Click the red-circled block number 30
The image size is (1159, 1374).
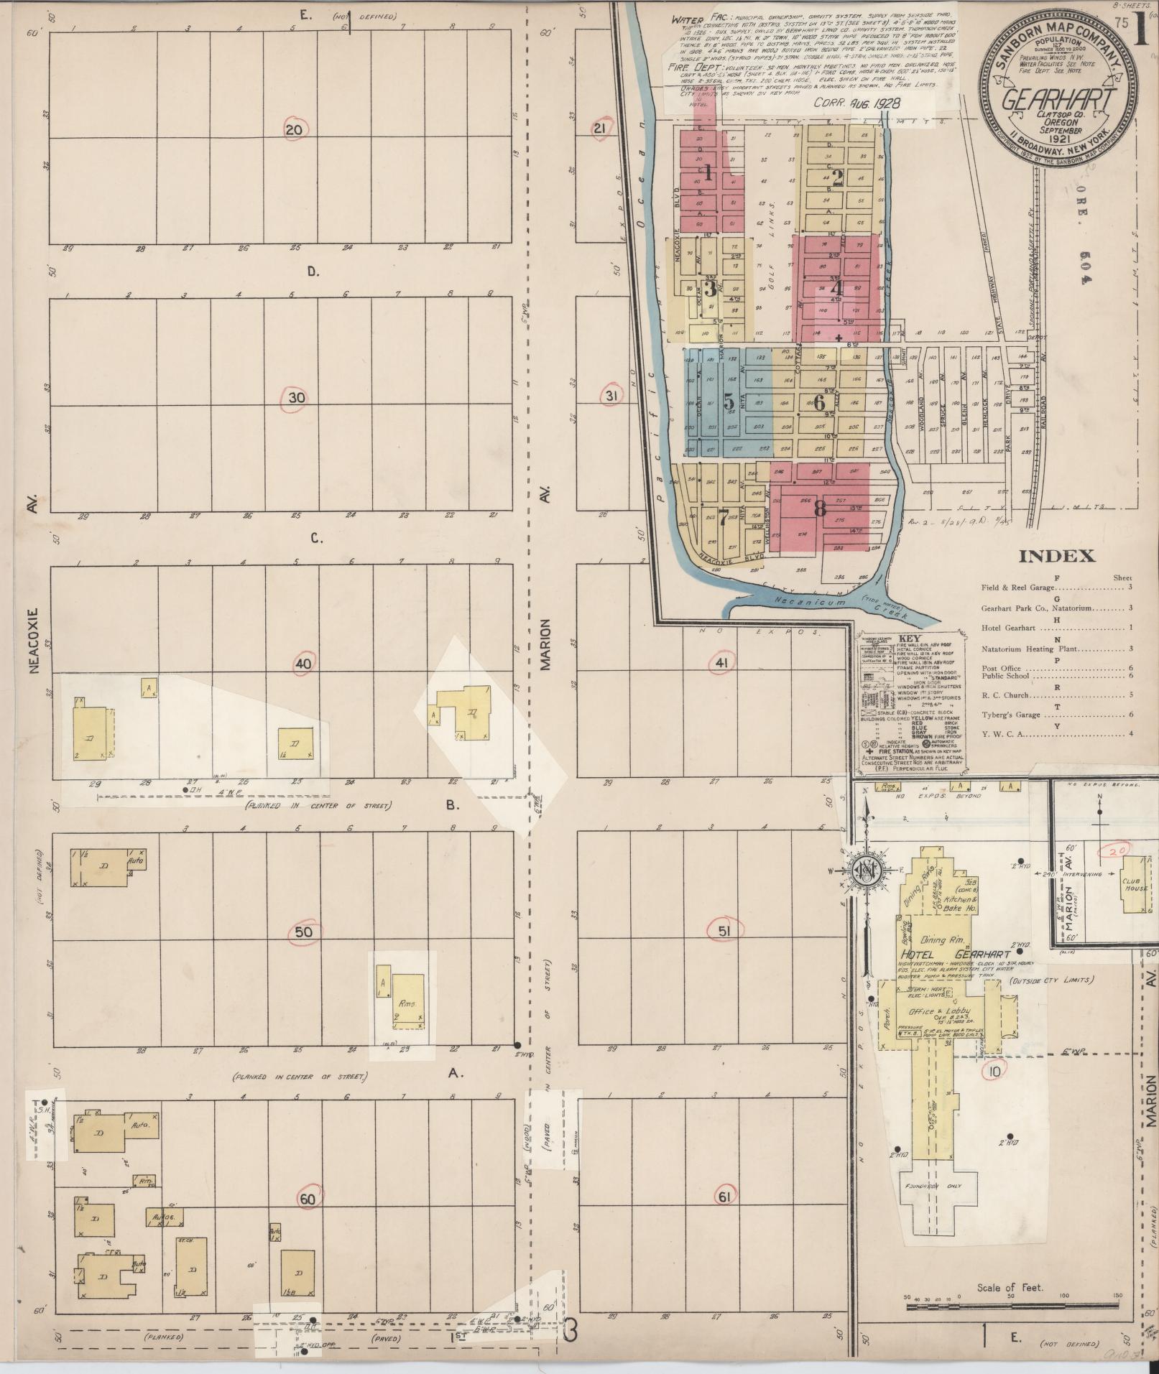(x=296, y=399)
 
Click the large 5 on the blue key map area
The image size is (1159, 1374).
(x=728, y=401)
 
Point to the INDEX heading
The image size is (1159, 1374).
(x=1057, y=555)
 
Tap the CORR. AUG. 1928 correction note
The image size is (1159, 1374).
(x=856, y=103)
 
